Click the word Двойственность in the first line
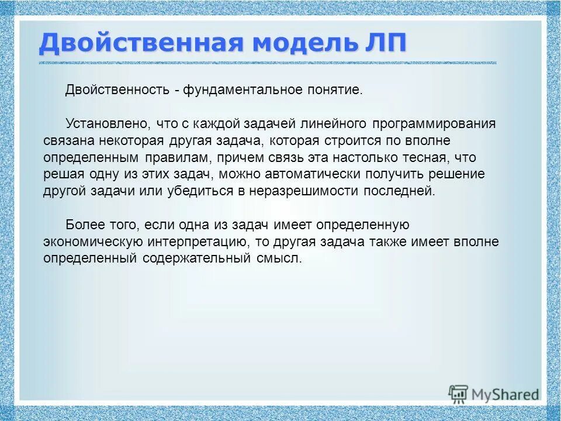pyautogui.click(x=116, y=91)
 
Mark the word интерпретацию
pyautogui.click(x=196, y=242)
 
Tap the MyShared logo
pyautogui.click(x=494, y=393)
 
